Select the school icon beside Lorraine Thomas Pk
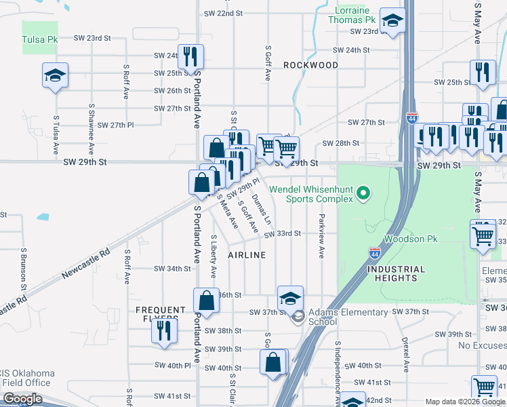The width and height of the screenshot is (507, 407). (x=392, y=20)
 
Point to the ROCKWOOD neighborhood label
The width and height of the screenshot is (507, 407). (x=310, y=65)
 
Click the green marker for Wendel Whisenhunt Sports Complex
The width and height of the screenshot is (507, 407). (x=363, y=195)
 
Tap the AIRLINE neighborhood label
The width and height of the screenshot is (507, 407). (x=246, y=254)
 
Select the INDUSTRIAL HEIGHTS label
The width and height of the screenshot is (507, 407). (x=396, y=273)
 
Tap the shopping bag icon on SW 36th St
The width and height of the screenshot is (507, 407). (x=206, y=300)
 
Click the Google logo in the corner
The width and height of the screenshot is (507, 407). (x=22, y=399)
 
